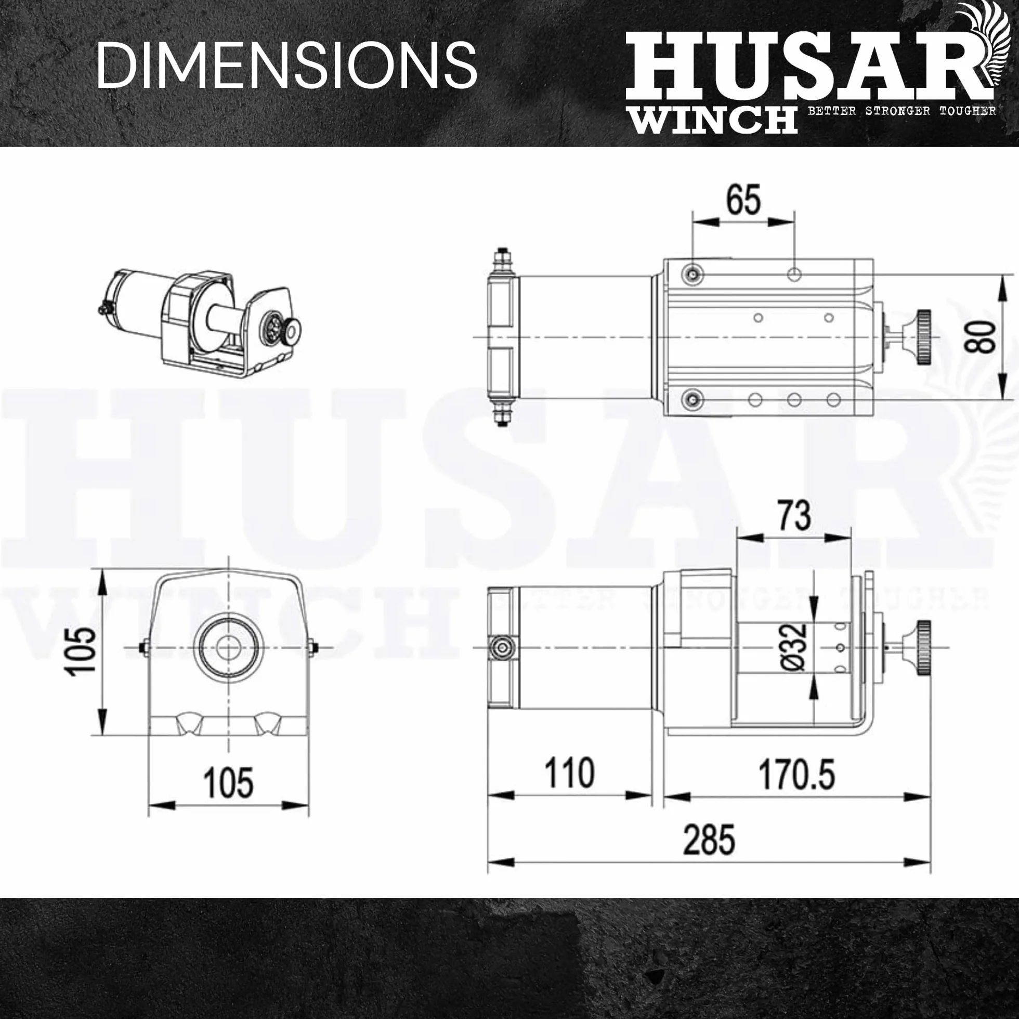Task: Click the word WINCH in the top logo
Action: click(x=713, y=119)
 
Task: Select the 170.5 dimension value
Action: click(x=796, y=774)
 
